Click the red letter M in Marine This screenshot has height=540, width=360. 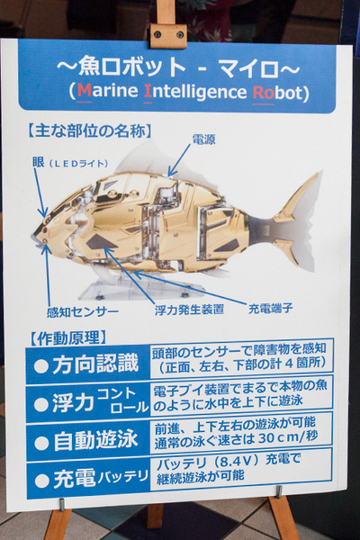[85, 91]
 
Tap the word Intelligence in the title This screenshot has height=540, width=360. [195, 92]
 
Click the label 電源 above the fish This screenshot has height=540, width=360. [204, 139]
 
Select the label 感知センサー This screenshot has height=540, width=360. [83, 312]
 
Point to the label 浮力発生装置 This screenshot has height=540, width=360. [190, 310]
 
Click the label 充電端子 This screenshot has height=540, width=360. [270, 308]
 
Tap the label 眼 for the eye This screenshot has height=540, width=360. [39, 162]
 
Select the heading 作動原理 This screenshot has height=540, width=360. [67, 337]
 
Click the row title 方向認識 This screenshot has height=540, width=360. [95, 364]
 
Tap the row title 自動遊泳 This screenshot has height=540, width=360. [95, 440]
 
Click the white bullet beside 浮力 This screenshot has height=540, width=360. [41, 404]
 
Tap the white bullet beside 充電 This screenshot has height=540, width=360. [42, 480]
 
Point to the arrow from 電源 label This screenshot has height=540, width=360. [179, 160]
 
